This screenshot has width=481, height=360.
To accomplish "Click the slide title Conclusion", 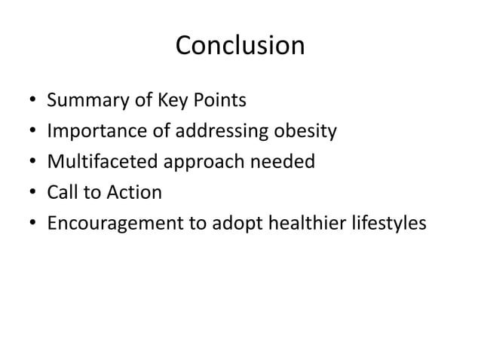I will tap(240, 47).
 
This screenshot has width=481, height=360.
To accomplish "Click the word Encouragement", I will tap(111, 224).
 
